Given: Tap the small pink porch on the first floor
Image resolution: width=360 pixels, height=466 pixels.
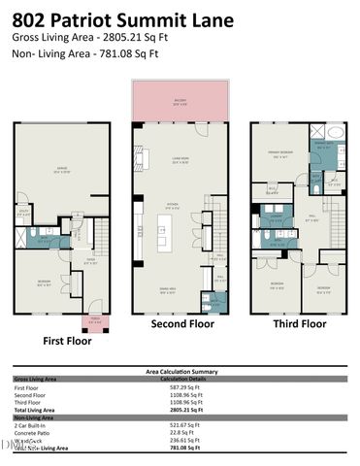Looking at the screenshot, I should click(x=95, y=323).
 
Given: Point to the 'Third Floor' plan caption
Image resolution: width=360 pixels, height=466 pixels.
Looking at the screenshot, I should click(x=299, y=324).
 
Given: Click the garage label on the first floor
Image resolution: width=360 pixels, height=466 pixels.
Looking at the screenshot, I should click(x=62, y=171).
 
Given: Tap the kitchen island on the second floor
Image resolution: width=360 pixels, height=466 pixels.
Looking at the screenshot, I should click(x=163, y=230).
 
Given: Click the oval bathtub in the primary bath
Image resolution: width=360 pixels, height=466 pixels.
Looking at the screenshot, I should click(x=335, y=133).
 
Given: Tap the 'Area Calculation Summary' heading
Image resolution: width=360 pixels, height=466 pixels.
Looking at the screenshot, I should click(x=180, y=371).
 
